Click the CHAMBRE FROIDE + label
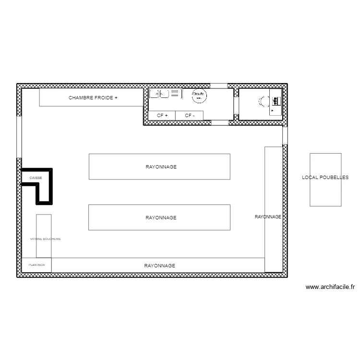(93, 97)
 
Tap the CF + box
(162, 115)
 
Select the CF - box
(190, 115)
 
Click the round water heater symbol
(199, 96)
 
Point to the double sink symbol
(159, 94)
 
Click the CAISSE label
(36, 178)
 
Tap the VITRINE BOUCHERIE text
(45, 239)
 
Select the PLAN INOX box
(36, 264)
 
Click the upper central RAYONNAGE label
(161, 167)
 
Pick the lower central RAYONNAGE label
(161, 217)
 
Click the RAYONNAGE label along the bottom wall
(160, 265)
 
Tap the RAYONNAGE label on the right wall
(268, 217)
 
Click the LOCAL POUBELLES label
(325, 177)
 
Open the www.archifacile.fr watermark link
(330, 288)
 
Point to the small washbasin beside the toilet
(276, 101)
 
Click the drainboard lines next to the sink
(175, 94)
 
